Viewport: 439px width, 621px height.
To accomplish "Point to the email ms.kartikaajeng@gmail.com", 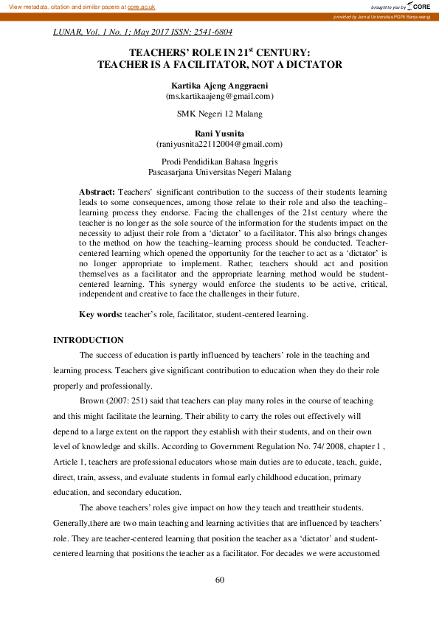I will (x=219, y=96).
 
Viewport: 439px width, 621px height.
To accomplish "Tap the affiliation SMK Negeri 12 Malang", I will (x=219, y=114).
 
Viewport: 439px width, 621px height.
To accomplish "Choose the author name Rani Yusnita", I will (x=219, y=133).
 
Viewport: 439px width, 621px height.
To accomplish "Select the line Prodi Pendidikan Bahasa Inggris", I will (x=219, y=161).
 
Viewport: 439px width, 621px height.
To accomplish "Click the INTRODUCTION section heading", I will (x=89, y=340).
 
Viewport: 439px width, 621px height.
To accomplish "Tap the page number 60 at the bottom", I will (x=219, y=580).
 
